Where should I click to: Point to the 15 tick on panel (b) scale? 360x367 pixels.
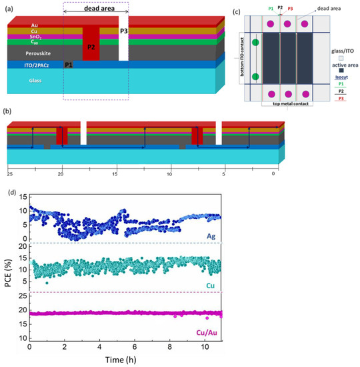115,173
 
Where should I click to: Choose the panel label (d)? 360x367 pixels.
9,192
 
